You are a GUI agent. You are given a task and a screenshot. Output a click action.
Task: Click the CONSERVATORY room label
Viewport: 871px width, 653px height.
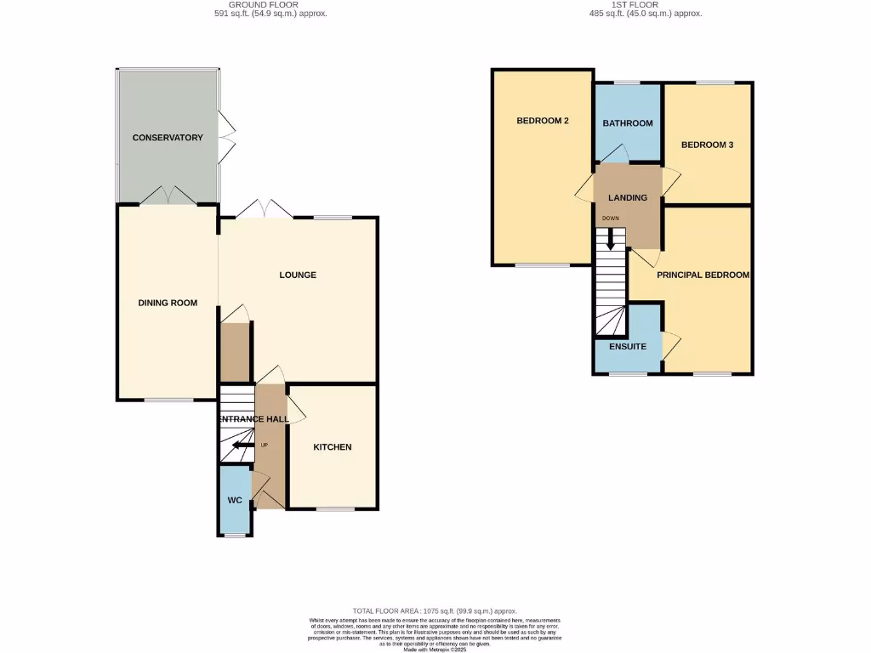[168, 138]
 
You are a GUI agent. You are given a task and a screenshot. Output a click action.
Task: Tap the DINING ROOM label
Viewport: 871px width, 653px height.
[168, 303]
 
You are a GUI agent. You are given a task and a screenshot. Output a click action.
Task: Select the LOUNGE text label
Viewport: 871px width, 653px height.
[298, 275]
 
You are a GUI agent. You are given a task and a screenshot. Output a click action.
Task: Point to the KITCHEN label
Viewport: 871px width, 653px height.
[332, 447]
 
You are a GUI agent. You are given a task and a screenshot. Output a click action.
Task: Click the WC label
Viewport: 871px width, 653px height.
[235, 500]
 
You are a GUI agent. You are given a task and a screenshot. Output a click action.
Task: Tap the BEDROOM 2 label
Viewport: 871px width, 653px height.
[543, 121]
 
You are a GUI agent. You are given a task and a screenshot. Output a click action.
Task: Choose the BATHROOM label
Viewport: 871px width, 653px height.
[628, 123]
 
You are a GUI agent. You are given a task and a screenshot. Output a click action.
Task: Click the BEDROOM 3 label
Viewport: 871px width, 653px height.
[707, 145]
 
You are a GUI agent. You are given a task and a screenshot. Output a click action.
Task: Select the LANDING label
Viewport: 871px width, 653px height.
[628, 198]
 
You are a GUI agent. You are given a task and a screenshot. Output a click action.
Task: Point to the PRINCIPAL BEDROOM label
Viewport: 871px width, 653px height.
[703, 275]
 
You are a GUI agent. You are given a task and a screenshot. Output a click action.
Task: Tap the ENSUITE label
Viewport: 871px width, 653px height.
[628, 347]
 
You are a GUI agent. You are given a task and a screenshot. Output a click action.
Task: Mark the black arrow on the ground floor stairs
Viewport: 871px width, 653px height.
[243, 445]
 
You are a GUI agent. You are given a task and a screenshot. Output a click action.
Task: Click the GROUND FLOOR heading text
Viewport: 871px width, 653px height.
[269, 4]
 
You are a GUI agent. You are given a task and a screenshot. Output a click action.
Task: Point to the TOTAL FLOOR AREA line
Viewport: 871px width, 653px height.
[435, 611]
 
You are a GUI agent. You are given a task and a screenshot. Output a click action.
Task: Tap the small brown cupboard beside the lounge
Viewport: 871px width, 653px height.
[234, 352]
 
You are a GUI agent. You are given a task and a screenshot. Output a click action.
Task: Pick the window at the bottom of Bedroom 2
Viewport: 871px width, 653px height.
[543, 265]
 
